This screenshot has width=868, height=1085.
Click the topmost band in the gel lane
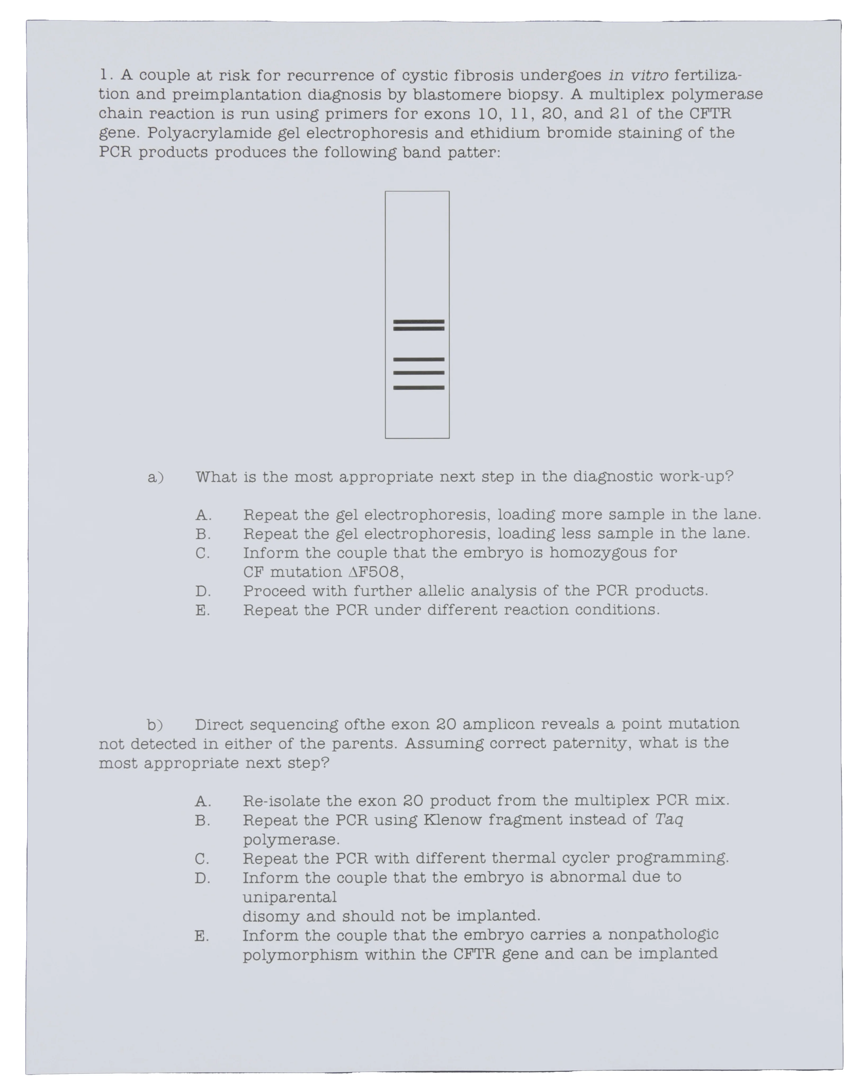pos(419,321)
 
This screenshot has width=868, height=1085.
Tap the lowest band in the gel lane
pos(419,388)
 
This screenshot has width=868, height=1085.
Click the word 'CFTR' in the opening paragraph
pos(710,114)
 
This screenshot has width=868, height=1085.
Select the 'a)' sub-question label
pos(155,477)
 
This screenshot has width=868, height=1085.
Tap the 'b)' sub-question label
pos(155,725)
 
